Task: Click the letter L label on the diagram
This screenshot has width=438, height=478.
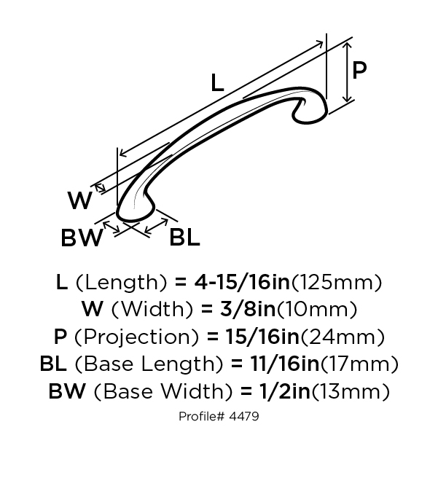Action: pyautogui.click(x=217, y=82)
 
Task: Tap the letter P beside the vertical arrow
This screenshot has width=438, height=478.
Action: pyautogui.click(x=359, y=70)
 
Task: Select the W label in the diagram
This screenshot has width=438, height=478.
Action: pyautogui.click(x=80, y=200)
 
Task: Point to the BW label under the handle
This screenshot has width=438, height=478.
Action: pyautogui.click(x=82, y=238)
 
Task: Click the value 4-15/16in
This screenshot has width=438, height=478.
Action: pyautogui.click(x=242, y=282)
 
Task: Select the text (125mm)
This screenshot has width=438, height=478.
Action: pyautogui.click(x=337, y=283)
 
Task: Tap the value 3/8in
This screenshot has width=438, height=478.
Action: pyautogui.click(x=248, y=310)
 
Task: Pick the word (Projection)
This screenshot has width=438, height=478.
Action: pyautogui.click(x=136, y=337)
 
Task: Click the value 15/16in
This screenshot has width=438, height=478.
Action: pyautogui.click(x=262, y=337)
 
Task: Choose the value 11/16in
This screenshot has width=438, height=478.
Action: pyautogui.click(x=284, y=364)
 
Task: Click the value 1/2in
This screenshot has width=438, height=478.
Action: pyautogui.click(x=285, y=391)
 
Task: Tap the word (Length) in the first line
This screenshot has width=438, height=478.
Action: pyautogui.click(x=121, y=283)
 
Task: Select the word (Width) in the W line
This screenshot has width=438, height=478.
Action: pyautogui.click(x=152, y=310)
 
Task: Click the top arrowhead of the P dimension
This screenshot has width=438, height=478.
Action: pyautogui.click(x=347, y=45)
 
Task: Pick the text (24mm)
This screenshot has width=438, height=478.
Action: pyautogui.click(x=343, y=337)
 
